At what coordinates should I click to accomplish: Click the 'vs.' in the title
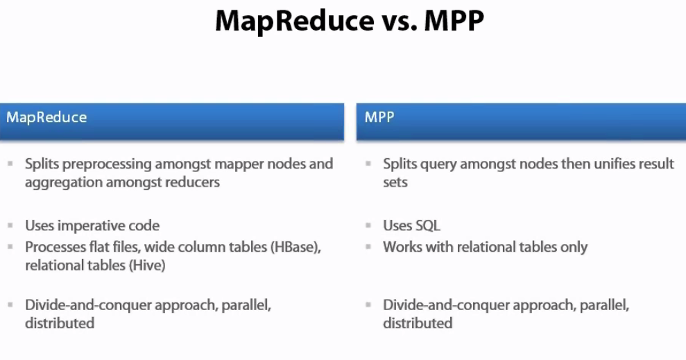[397, 22]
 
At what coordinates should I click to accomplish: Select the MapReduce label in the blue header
[46, 117]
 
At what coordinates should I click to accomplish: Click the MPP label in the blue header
[379, 117]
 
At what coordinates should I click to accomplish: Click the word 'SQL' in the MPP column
[427, 225]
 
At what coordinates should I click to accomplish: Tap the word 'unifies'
[613, 164]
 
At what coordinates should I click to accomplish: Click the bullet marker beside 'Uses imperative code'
[10, 225]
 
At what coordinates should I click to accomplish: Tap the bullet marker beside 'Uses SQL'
[368, 225]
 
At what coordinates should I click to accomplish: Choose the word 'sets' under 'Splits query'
[395, 182]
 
